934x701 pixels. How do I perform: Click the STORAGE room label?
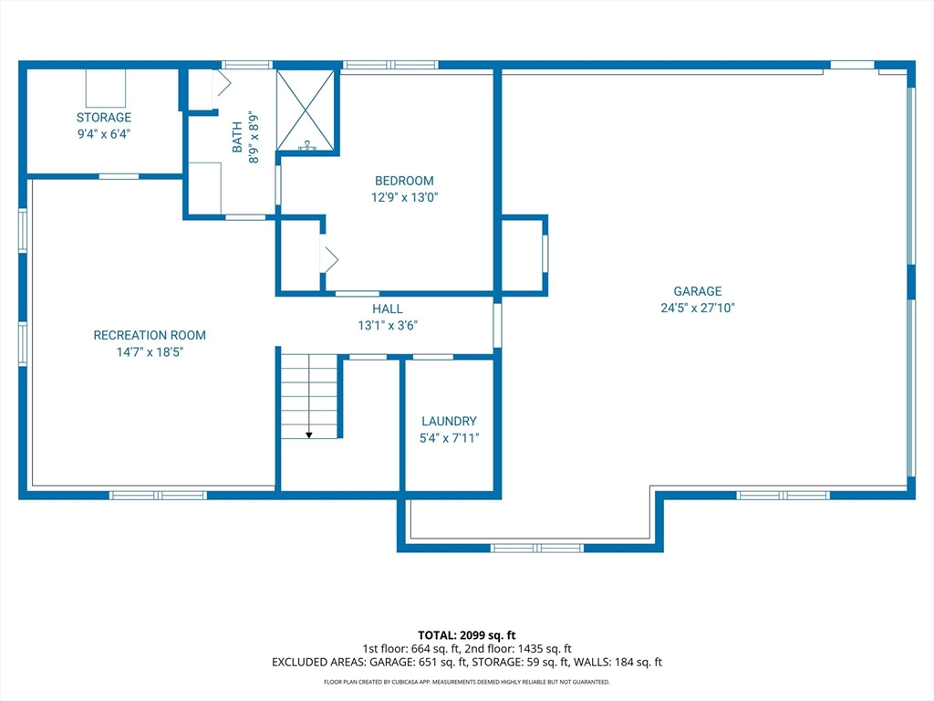tap(103, 118)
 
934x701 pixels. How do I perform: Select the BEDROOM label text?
tap(404, 181)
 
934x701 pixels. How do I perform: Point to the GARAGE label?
tap(698, 291)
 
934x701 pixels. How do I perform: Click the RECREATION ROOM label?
tap(150, 335)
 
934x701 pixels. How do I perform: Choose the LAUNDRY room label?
tap(449, 421)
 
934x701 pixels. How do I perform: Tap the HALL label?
tap(388, 309)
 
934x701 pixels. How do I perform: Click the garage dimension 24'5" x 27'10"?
tap(698, 308)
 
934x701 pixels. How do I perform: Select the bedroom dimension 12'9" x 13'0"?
tap(404, 197)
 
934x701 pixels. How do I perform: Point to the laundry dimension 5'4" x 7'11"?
tap(449, 437)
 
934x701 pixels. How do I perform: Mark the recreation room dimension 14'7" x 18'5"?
tap(150, 351)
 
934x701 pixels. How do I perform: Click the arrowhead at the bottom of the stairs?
tap(308, 434)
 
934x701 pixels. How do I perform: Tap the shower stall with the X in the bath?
tap(306, 110)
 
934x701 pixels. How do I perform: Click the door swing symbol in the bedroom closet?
tap(328, 259)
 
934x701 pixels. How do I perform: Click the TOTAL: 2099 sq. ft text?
tap(466, 634)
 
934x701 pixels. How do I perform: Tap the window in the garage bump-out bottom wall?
tap(536, 548)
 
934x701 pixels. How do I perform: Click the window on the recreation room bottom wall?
tap(158, 495)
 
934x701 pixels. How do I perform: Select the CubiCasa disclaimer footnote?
tap(466, 682)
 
